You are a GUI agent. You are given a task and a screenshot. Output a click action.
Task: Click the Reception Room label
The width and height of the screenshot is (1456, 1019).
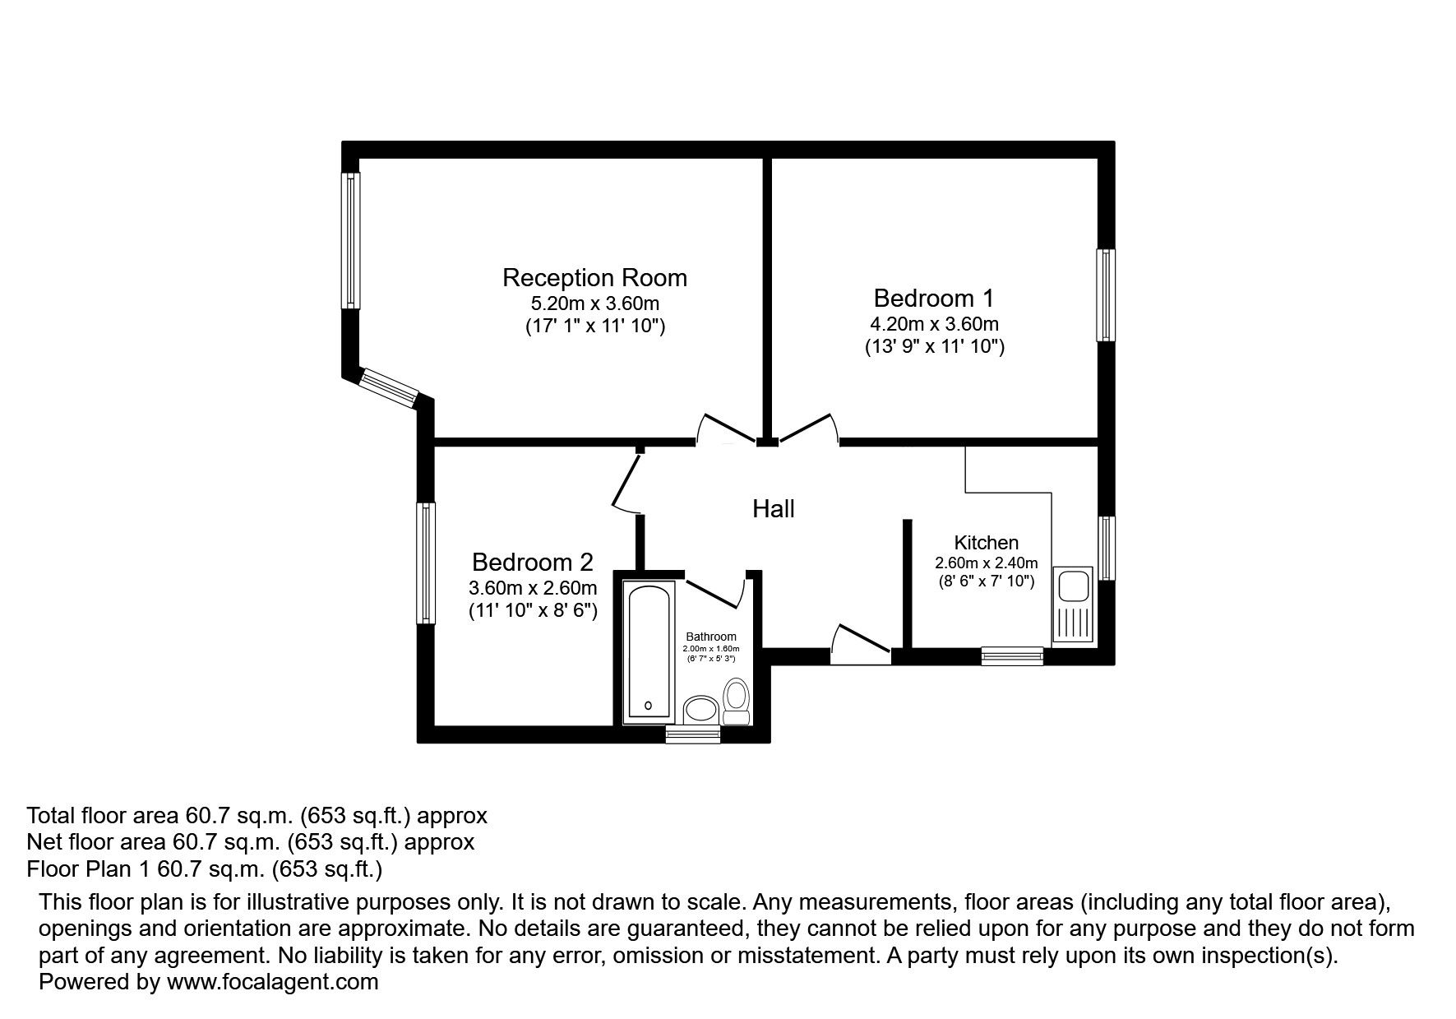594,277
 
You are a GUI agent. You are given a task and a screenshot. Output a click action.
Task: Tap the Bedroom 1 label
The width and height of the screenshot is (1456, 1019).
934,297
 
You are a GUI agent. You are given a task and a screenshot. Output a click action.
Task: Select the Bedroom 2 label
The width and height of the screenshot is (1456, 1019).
532,563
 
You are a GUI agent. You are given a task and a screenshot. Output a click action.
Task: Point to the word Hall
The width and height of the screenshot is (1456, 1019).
774,509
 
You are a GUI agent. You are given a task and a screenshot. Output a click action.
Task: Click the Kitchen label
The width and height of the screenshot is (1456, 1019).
986,543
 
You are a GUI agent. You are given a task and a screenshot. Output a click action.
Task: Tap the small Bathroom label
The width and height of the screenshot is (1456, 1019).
711,637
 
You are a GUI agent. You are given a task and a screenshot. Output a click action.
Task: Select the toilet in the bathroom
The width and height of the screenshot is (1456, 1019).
736,702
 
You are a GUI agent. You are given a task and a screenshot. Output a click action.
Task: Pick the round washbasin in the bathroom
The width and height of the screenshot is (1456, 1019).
701,709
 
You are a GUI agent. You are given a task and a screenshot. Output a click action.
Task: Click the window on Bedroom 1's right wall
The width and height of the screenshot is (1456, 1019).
1106,295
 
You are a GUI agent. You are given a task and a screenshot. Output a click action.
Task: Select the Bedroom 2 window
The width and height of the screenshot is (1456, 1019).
426,563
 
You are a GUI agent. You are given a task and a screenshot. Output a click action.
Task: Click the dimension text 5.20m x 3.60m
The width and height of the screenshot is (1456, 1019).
594,303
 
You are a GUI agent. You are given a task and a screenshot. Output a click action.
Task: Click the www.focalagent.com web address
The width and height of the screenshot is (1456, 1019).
272,981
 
